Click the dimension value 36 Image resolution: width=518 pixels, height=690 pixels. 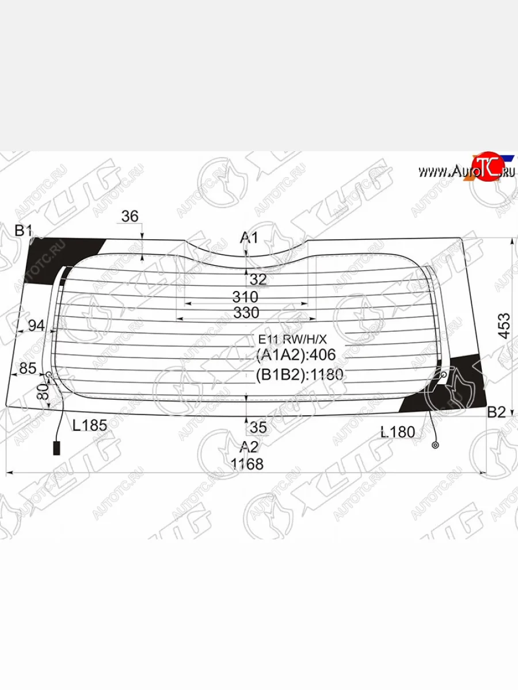point(130,217)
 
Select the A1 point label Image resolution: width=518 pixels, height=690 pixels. point(249,237)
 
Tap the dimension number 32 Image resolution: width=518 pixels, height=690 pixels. point(259,279)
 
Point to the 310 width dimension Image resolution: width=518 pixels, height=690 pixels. point(245,297)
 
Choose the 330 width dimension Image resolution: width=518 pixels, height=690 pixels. point(246,313)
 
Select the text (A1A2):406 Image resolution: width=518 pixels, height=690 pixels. point(295,355)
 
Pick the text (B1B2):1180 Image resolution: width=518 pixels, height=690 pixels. point(299,375)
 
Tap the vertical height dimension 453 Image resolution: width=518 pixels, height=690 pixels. point(504,326)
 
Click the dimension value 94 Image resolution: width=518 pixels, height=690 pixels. point(36,325)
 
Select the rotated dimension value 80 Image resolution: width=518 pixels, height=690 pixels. point(42,394)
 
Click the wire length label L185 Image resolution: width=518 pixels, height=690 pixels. point(90,425)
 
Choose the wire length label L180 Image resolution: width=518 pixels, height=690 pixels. point(398,431)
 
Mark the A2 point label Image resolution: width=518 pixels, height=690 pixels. point(249,447)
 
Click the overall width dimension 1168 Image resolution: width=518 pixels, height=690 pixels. point(247,463)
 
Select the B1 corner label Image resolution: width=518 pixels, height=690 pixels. point(23,231)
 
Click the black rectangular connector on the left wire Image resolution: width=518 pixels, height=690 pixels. point(56,448)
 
